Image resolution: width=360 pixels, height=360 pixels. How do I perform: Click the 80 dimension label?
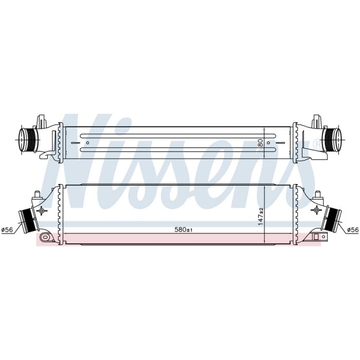(260, 142)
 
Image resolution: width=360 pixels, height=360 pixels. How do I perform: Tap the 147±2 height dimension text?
(261, 217)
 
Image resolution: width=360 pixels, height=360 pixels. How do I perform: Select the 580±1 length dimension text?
(183, 229)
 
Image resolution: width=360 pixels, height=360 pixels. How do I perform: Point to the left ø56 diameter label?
(7, 229)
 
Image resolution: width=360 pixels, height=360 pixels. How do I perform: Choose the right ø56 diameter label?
(353, 229)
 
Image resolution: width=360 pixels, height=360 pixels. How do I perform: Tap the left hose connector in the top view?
(27, 140)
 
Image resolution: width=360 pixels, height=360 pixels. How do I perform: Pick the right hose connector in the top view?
(332, 140)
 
